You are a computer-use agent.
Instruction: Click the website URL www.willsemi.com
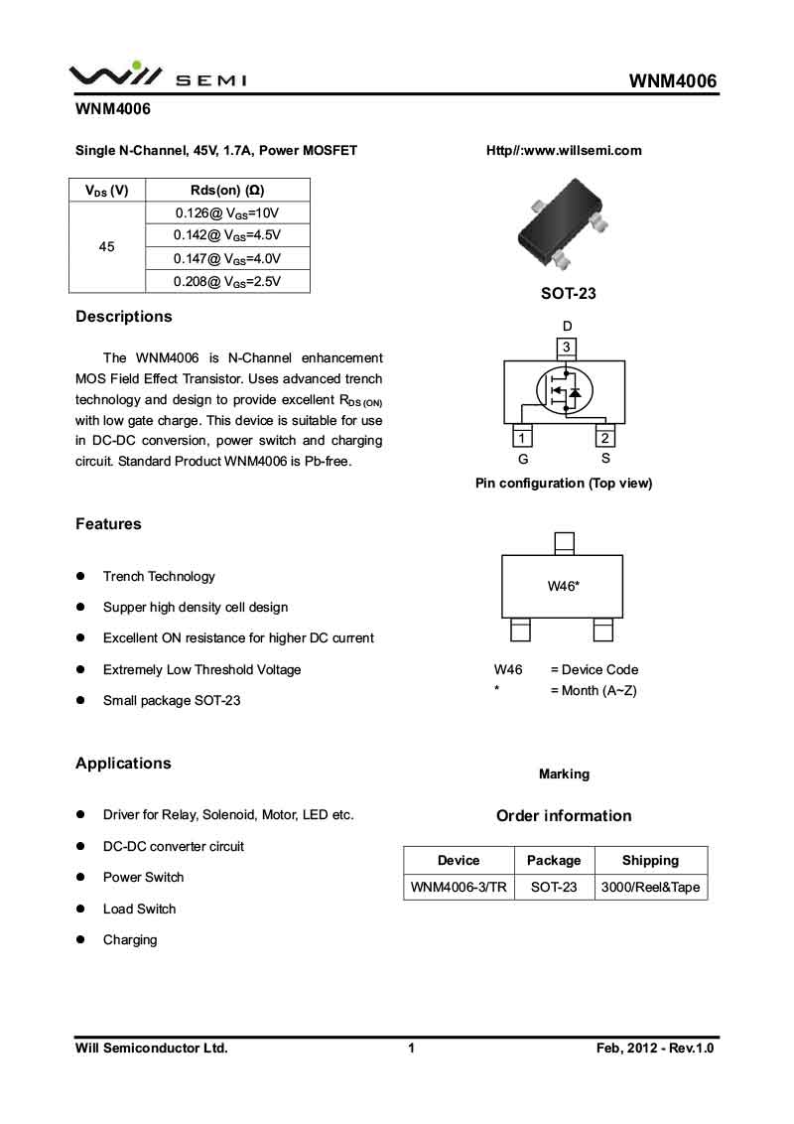point(564,151)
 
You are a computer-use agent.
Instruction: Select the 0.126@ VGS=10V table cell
point(228,212)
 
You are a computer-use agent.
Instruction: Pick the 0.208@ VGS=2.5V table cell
point(228,281)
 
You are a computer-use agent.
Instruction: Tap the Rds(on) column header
point(227,190)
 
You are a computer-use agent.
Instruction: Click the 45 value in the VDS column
point(107,246)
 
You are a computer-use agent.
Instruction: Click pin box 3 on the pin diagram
point(566,348)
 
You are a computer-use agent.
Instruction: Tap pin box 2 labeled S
point(605,438)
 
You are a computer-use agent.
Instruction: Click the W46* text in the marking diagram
point(563,586)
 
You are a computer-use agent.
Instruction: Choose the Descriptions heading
point(124,317)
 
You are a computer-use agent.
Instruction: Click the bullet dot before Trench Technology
point(80,577)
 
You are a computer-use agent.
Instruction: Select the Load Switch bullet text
point(139,909)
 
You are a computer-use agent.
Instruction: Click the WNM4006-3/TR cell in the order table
point(459,887)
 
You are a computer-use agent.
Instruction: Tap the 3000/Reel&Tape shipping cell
point(650,887)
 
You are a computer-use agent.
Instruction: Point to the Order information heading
point(564,816)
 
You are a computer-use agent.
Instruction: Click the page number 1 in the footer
point(411,1048)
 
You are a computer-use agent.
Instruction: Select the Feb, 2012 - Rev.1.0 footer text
point(655,1048)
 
